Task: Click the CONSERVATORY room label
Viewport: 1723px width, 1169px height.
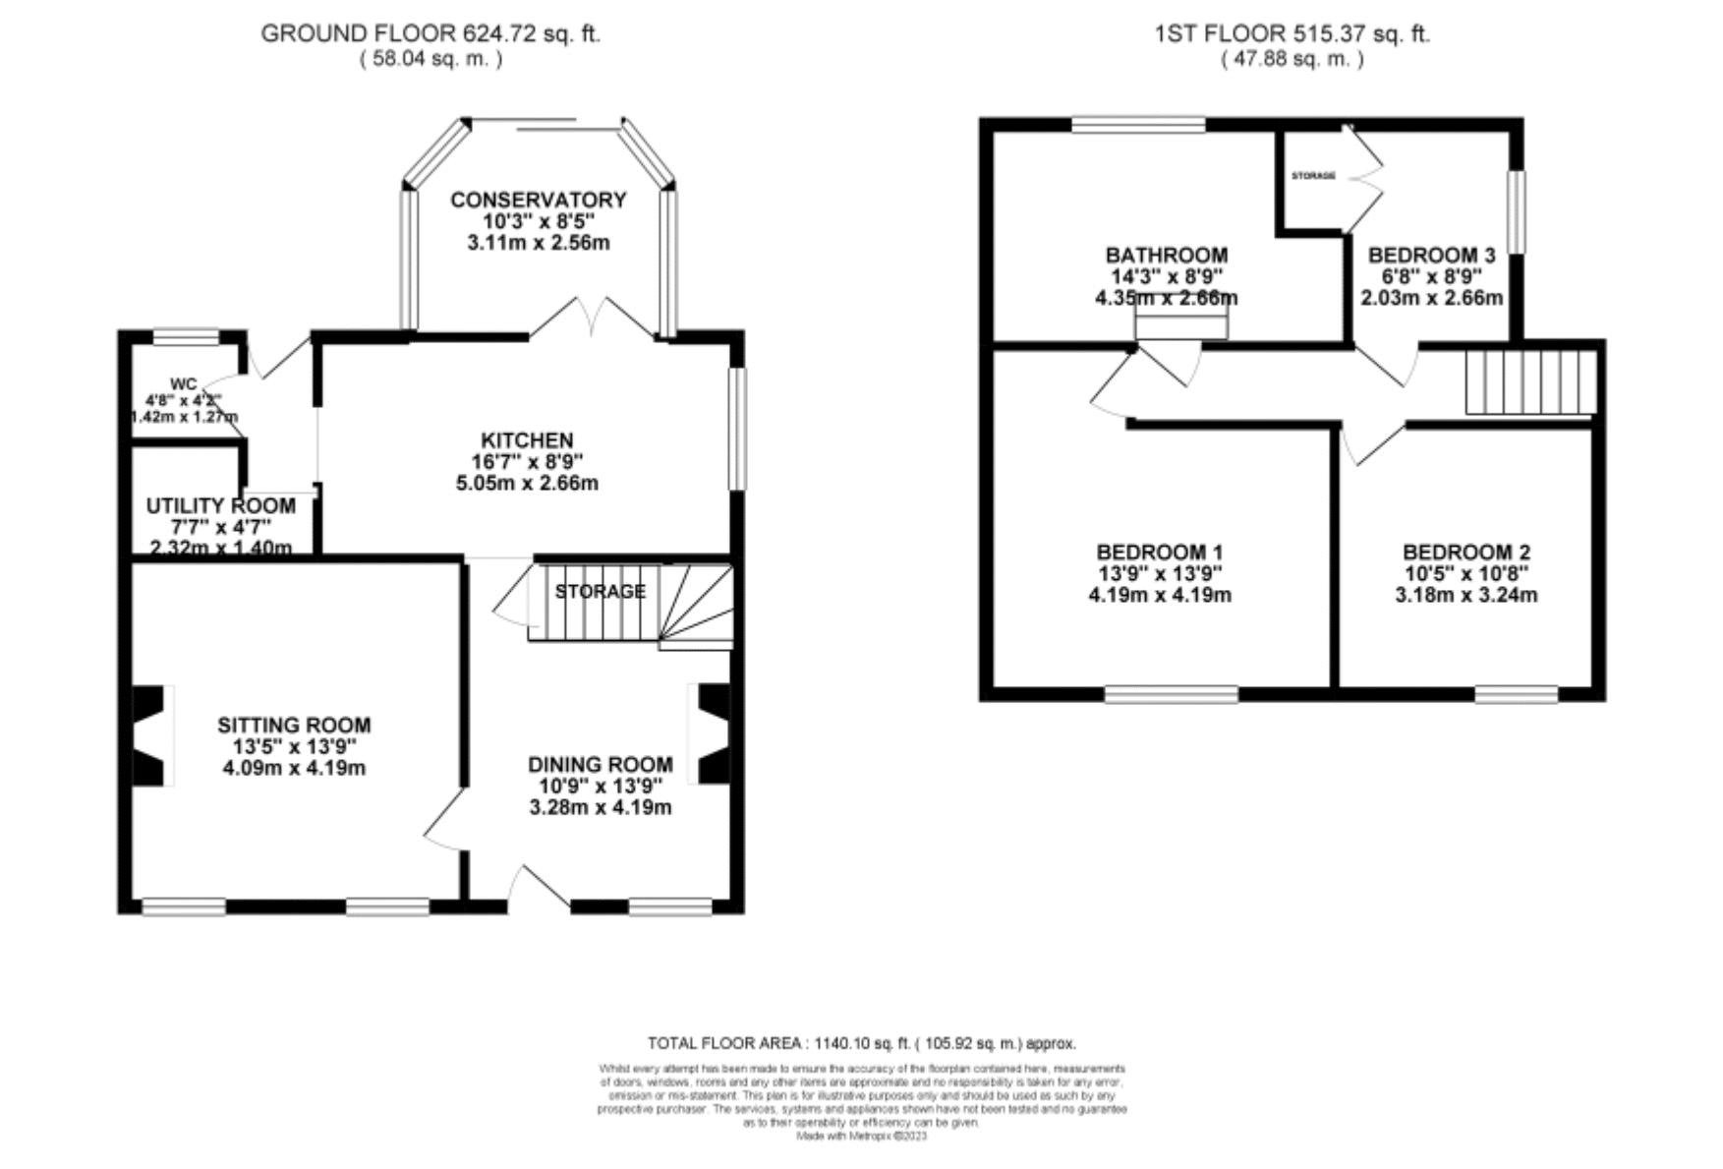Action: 538,200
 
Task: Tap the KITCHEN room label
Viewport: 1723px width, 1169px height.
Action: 527,439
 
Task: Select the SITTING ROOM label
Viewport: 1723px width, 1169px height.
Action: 294,725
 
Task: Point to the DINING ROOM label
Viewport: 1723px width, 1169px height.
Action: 600,764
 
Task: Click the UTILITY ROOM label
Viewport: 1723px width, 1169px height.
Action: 220,505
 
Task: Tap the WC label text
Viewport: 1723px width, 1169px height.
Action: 184,383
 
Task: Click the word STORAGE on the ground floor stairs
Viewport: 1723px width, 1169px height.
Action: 600,591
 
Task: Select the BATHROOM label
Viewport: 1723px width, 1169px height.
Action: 1166,255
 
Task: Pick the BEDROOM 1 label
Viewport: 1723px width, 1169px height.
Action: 1159,552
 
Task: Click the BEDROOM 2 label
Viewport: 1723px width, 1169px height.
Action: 1465,552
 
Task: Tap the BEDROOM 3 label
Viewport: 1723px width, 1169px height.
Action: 1431,255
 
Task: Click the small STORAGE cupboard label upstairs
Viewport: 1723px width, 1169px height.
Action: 1313,176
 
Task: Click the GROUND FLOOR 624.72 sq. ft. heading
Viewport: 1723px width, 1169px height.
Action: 431,33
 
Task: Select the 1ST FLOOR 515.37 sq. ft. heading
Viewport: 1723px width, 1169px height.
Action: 1292,33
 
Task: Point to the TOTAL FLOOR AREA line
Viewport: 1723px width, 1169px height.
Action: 861,1043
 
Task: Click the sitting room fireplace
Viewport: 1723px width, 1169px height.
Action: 149,735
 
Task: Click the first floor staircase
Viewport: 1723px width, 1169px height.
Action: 1529,381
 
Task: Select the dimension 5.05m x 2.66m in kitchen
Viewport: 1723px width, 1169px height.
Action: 527,483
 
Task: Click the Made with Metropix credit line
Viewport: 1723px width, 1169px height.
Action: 861,1136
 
